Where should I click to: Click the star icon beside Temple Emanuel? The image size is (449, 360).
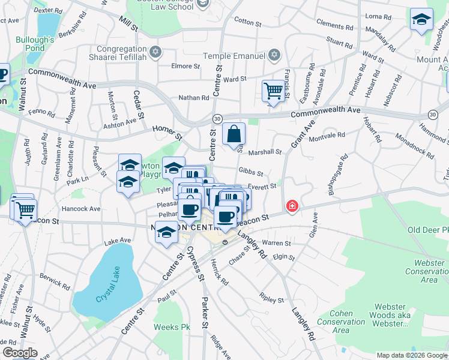point(274,55)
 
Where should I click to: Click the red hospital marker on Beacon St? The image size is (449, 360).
point(292,206)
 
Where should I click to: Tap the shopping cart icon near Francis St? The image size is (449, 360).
point(273,91)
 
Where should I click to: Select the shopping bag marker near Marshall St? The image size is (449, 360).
point(234,134)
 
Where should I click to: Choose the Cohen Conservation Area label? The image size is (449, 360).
point(340,322)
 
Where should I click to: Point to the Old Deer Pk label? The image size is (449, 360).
point(427,230)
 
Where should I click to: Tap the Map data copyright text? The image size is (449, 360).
point(411,355)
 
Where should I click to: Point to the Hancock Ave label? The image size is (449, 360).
point(81,209)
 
